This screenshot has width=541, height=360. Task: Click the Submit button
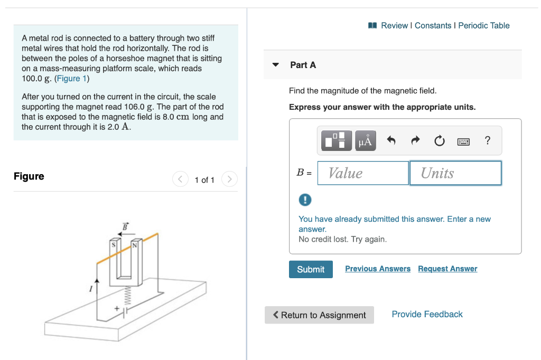(311, 269)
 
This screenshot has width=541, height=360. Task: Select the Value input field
(363, 173)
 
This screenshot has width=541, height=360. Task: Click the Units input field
(455, 173)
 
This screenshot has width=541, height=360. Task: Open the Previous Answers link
(378, 269)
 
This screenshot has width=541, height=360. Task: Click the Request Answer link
(447, 269)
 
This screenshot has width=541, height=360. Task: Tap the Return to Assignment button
(319, 315)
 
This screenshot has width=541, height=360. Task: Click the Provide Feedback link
(427, 314)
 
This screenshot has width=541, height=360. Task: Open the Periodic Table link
(484, 25)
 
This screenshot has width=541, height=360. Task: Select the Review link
(394, 25)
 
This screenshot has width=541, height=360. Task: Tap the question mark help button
(487, 140)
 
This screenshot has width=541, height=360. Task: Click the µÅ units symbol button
(365, 141)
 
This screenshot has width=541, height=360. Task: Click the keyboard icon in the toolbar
(463, 141)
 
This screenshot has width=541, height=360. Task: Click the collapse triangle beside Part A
(275, 65)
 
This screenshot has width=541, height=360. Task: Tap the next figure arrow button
(229, 180)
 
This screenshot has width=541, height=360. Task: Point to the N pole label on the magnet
(134, 245)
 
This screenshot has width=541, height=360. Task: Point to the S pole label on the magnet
(113, 245)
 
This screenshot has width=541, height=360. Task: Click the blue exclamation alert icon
(305, 200)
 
